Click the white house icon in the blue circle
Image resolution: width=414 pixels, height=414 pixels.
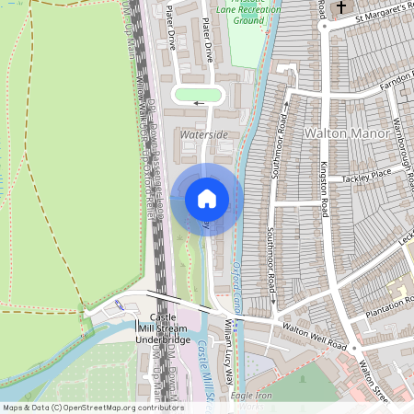(x=207, y=199)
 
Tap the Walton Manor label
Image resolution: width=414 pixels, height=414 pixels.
(x=341, y=133)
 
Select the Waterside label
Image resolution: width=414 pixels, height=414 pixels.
(x=204, y=134)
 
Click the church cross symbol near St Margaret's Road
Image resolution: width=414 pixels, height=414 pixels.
(x=342, y=8)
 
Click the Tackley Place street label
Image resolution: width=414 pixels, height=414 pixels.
(x=367, y=175)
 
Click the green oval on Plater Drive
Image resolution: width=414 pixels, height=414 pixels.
(x=198, y=95)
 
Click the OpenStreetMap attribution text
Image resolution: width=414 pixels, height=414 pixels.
(x=92, y=408)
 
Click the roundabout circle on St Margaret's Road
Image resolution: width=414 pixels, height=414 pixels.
(x=322, y=26)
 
